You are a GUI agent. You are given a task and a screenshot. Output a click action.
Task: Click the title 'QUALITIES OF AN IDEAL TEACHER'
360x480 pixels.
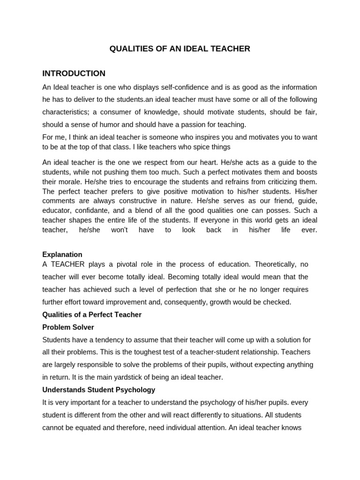coord(180,49)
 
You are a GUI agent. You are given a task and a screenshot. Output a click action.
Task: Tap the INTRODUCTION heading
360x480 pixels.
coord(74,74)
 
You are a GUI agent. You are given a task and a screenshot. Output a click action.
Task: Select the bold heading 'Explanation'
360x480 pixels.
coord(62,255)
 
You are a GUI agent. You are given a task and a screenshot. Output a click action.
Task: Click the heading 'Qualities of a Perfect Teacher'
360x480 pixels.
coord(92,315)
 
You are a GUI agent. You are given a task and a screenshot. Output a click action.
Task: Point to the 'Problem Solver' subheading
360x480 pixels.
coord(68,327)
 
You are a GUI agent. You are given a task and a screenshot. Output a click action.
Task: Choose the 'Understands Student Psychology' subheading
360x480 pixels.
coord(98,390)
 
